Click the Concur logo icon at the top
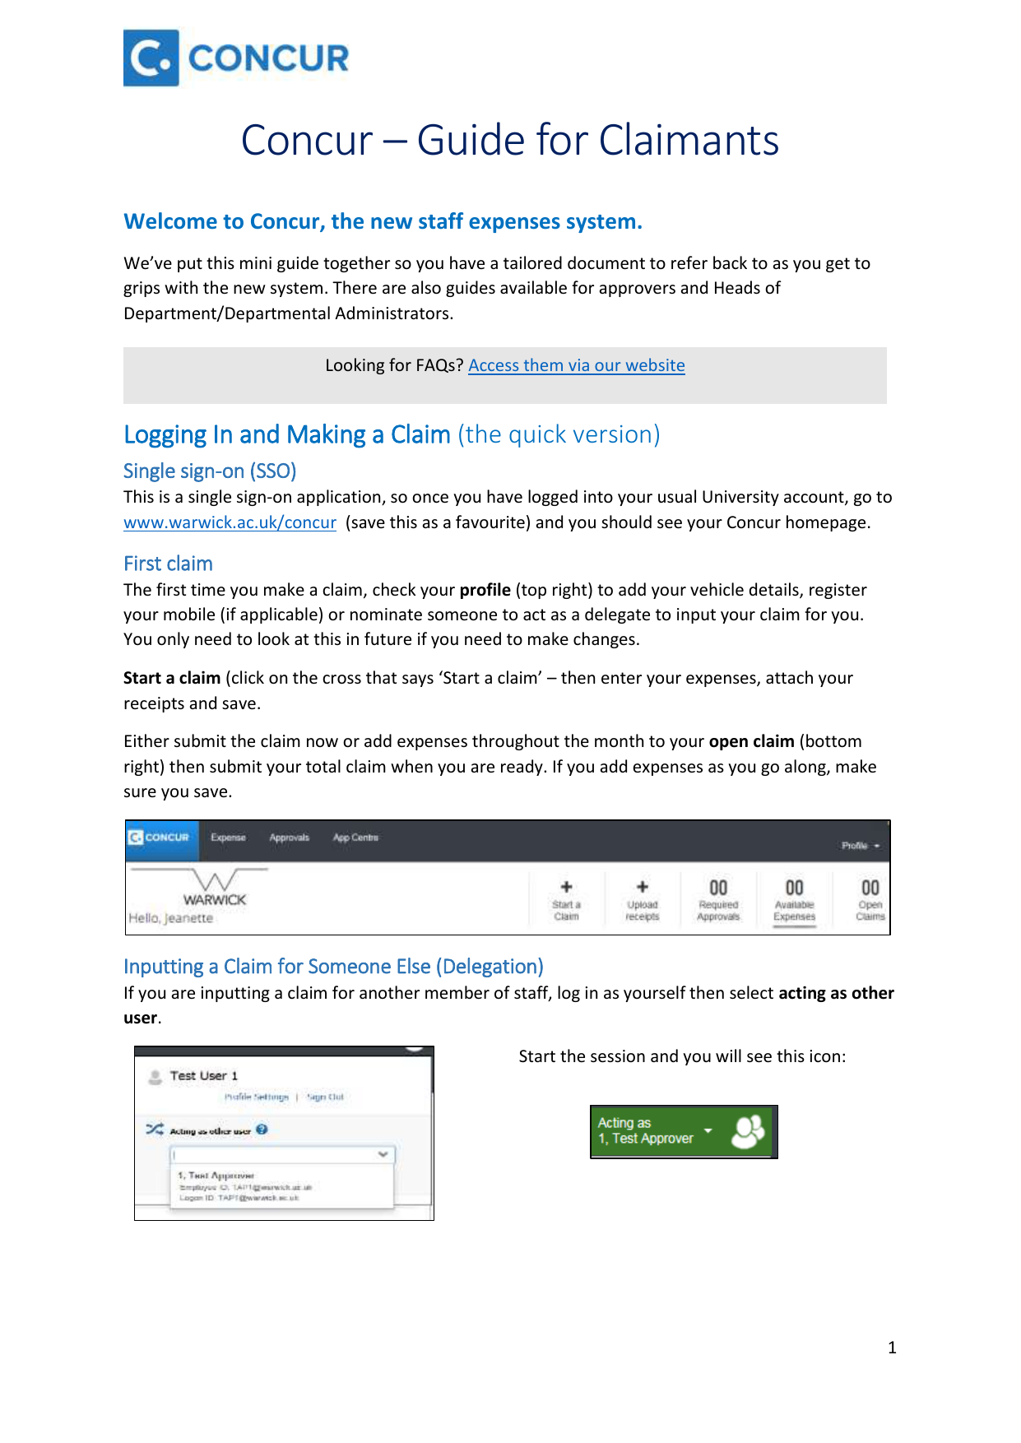tap(151, 58)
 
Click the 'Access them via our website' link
tap(576, 365)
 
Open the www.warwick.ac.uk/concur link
tap(230, 522)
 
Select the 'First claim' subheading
tap(168, 564)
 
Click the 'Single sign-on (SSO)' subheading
tap(210, 471)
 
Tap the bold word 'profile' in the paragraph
tap(485, 590)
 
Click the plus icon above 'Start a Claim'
tap(566, 887)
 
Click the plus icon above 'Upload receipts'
tap(643, 887)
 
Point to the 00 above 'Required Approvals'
tap(718, 888)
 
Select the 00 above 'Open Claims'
tap(870, 888)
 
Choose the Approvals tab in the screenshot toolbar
tap(289, 837)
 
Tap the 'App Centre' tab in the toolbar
tap(355, 837)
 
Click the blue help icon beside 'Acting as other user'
tap(262, 1130)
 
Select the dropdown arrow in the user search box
tap(383, 1154)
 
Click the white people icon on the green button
tap(748, 1132)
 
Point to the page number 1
tap(892, 1348)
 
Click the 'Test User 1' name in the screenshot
tap(203, 1076)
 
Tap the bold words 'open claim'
tap(751, 741)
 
